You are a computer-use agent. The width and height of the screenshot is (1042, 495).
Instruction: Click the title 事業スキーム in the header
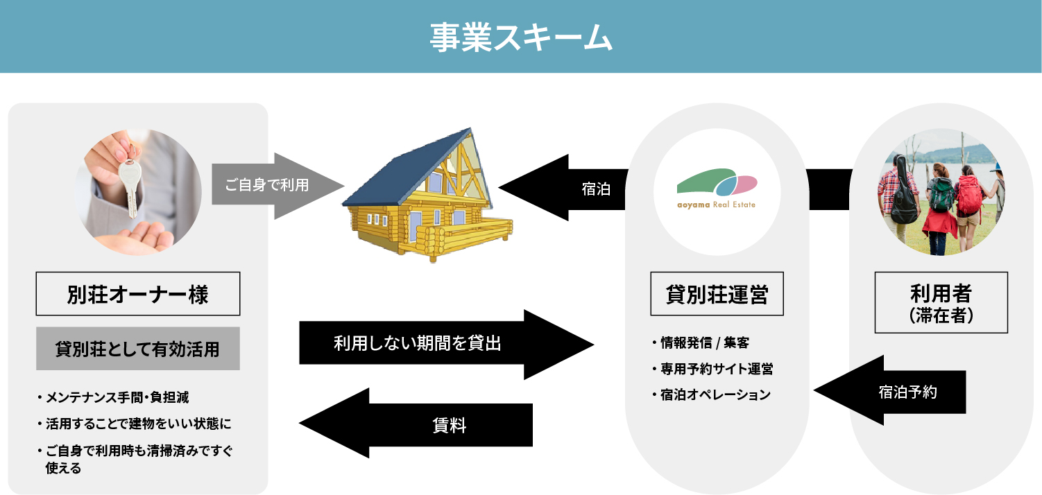pyautogui.click(x=520, y=37)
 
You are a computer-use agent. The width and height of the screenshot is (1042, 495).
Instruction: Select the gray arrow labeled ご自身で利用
pyautogui.click(x=277, y=186)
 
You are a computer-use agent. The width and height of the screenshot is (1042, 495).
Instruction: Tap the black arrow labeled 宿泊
pyautogui.click(x=563, y=188)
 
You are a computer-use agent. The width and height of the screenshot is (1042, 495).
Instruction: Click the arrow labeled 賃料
pyautogui.click(x=416, y=423)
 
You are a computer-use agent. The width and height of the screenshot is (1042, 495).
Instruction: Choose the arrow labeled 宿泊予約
pyautogui.click(x=889, y=390)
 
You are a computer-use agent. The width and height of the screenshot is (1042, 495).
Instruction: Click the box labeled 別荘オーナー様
pyautogui.click(x=138, y=294)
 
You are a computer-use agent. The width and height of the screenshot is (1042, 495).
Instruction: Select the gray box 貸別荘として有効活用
pyautogui.click(x=138, y=349)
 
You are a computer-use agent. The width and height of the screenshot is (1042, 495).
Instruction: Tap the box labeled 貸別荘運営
pyautogui.click(x=717, y=294)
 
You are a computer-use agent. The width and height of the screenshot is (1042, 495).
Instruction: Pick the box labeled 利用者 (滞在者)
pyautogui.click(x=941, y=302)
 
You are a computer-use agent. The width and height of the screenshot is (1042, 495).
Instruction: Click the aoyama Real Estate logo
pyautogui.click(x=717, y=189)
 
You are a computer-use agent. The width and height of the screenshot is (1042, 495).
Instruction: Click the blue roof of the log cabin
pyautogui.click(x=404, y=167)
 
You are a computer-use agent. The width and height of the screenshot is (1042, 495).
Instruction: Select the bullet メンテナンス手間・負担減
pyautogui.click(x=114, y=397)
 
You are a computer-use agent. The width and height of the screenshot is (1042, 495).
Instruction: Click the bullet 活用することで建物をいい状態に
pyautogui.click(x=135, y=424)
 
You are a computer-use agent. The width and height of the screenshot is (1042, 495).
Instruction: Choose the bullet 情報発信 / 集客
pyautogui.click(x=701, y=342)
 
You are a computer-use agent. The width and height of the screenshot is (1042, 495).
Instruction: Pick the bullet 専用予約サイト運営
pyautogui.click(x=712, y=369)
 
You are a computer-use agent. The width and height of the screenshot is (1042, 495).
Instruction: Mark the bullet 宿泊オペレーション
pyautogui.click(x=712, y=394)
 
